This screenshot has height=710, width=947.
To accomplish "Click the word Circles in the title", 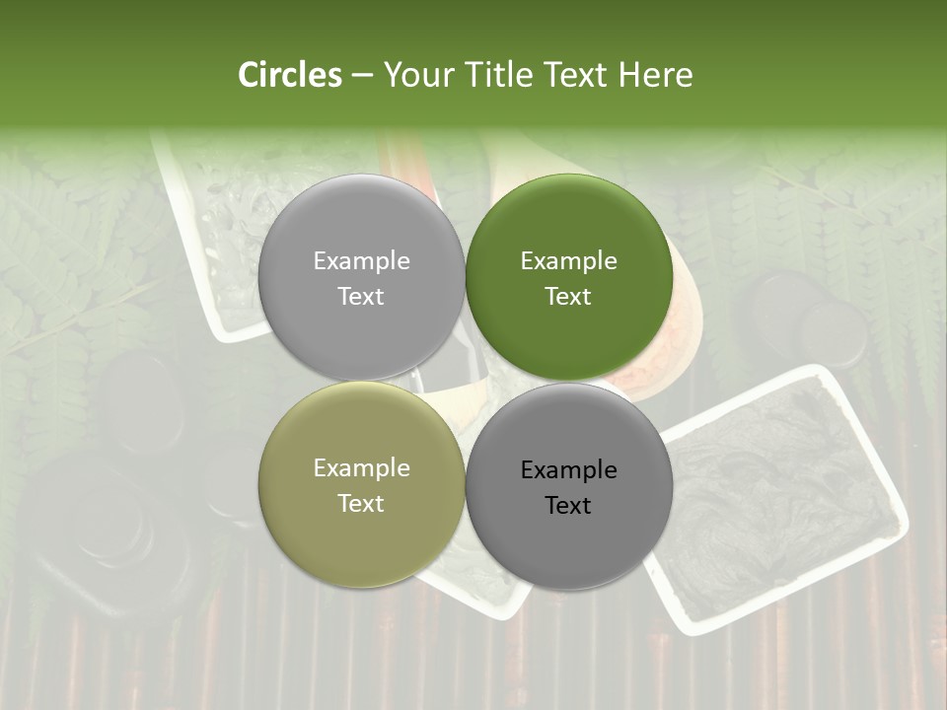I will pyautogui.click(x=289, y=75).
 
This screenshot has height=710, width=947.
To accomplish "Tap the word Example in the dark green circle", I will pyautogui.click(x=569, y=261).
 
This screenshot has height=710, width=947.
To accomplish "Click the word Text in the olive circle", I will pyautogui.click(x=361, y=504).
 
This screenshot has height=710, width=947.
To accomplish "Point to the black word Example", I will pyautogui.click(x=569, y=470).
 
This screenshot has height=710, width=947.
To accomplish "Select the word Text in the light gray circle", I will pyautogui.click(x=361, y=297).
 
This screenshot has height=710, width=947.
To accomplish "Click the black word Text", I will pyautogui.click(x=568, y=506).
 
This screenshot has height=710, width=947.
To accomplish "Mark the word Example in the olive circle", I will pyautogui.click(x=361, y=468).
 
